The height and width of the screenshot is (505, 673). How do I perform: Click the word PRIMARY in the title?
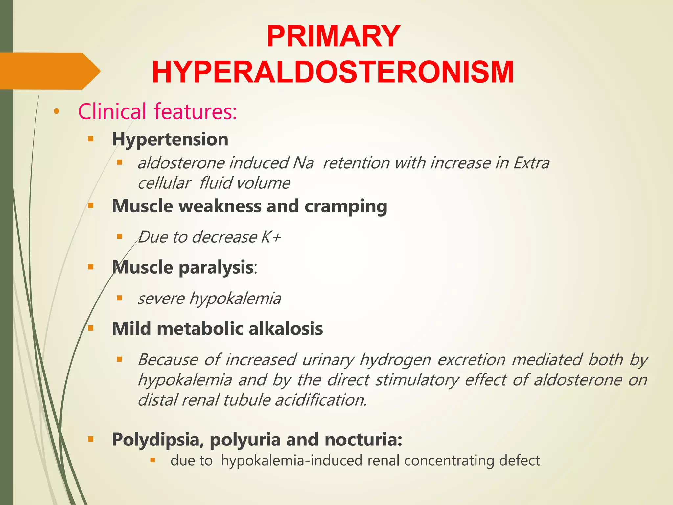tap(333, 36)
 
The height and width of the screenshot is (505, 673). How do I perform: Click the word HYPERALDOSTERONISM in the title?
tap(333, 72)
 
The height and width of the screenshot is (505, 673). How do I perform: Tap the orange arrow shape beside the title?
tap(49, 71)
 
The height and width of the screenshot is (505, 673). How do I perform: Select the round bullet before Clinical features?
tap(57, 112)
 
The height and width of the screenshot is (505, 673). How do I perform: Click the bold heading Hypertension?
tap(170, 139)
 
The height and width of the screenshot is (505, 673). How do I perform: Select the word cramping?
tap(346, 206)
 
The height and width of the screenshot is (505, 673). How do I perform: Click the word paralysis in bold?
tap(216, 267)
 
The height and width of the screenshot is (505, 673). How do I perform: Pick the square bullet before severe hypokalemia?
tap(119, 298)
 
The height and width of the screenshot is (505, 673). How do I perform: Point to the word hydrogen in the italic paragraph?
tap(395, 360)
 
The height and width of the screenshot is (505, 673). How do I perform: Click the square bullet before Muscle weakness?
tap(91, 206)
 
